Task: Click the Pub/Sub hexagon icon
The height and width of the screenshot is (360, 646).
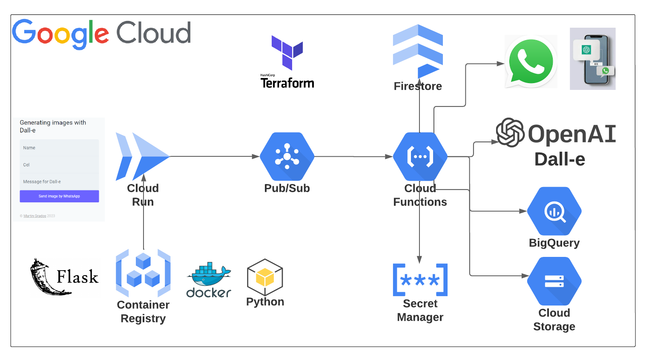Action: pyautogui.click(x=287, y=157)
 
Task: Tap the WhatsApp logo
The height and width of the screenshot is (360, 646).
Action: pyautogui.click(x=531, y=62)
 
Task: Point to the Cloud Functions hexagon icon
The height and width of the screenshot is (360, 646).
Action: pyautogui.click(x=420, y=157)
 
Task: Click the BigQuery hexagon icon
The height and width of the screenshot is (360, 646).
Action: pyautogui.click(x=554, y=211)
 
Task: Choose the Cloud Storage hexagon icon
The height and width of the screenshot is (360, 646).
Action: pyautogui.click(x=554, y=281)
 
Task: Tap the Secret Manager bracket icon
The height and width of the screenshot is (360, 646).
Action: pyautogui.click(x=420, y=280)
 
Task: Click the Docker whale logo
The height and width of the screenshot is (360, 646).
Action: pyautogui.click(x=209, y=275)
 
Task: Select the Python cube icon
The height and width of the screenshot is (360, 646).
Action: pyautogui.click(x=265, y=277)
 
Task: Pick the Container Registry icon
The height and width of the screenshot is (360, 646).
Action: pyautogui.click(x=143, y=273)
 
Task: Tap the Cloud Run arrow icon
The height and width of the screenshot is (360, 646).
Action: pyautogui.click(x=142, y=156)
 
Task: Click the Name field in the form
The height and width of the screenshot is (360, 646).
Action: pyautogui.click(x=59, y=148)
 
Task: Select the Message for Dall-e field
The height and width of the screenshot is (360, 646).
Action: pyautogui.click(x=59, y=181)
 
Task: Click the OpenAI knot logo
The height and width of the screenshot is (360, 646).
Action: pyautogui.click(x=510, y=132)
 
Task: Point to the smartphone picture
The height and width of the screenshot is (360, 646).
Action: pyautogui.click(x=593, y=59)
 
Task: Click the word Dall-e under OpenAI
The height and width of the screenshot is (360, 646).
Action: pyautogui.click(x=560, y=159)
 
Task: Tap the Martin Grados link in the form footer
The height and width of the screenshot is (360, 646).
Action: pyautogui.click(x=35, y=216)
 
